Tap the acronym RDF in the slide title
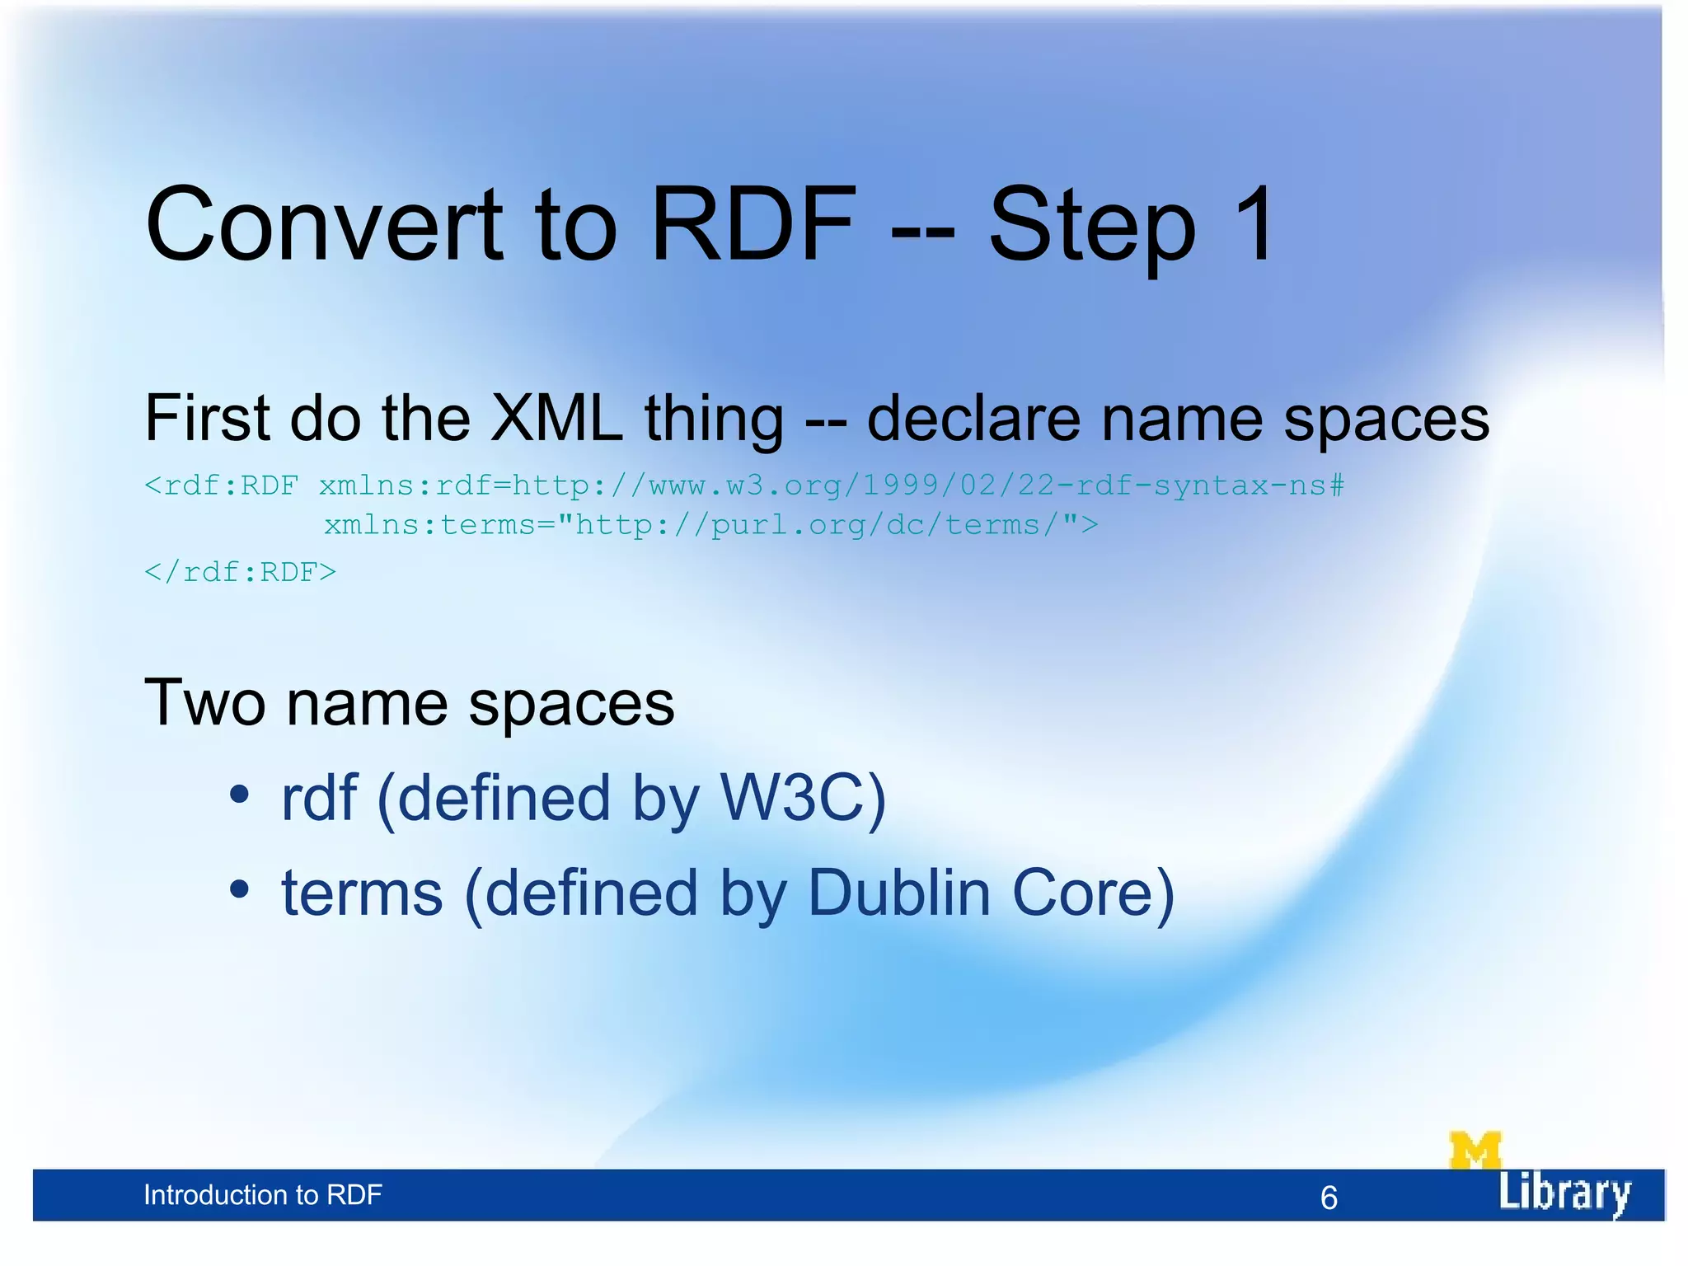pyautogui.click(x=753, y=224)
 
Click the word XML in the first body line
pyautogui.click(x=556, y=419)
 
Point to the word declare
pyautogui.click(x=973, y=419)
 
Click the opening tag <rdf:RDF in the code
pyautogui.click(x=221, y=486)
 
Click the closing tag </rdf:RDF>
pyautogui.click(x=240, y=573)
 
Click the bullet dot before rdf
pyautogui.click(x=239, y=795)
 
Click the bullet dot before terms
pyautogui.click(x=239, y=889)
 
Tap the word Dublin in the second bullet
pyautogui.click(x=898, y=893)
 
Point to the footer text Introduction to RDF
pyautogui.click(x=262, y=1195)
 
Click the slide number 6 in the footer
pyautogui.click(x=1329, y=1198)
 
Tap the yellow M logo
pyautogui.click(x=1475, y=1150)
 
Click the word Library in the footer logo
pyautogui.click(x=1564, y=1193)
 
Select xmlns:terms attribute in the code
pyautogui.click(x=429, y=526)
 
